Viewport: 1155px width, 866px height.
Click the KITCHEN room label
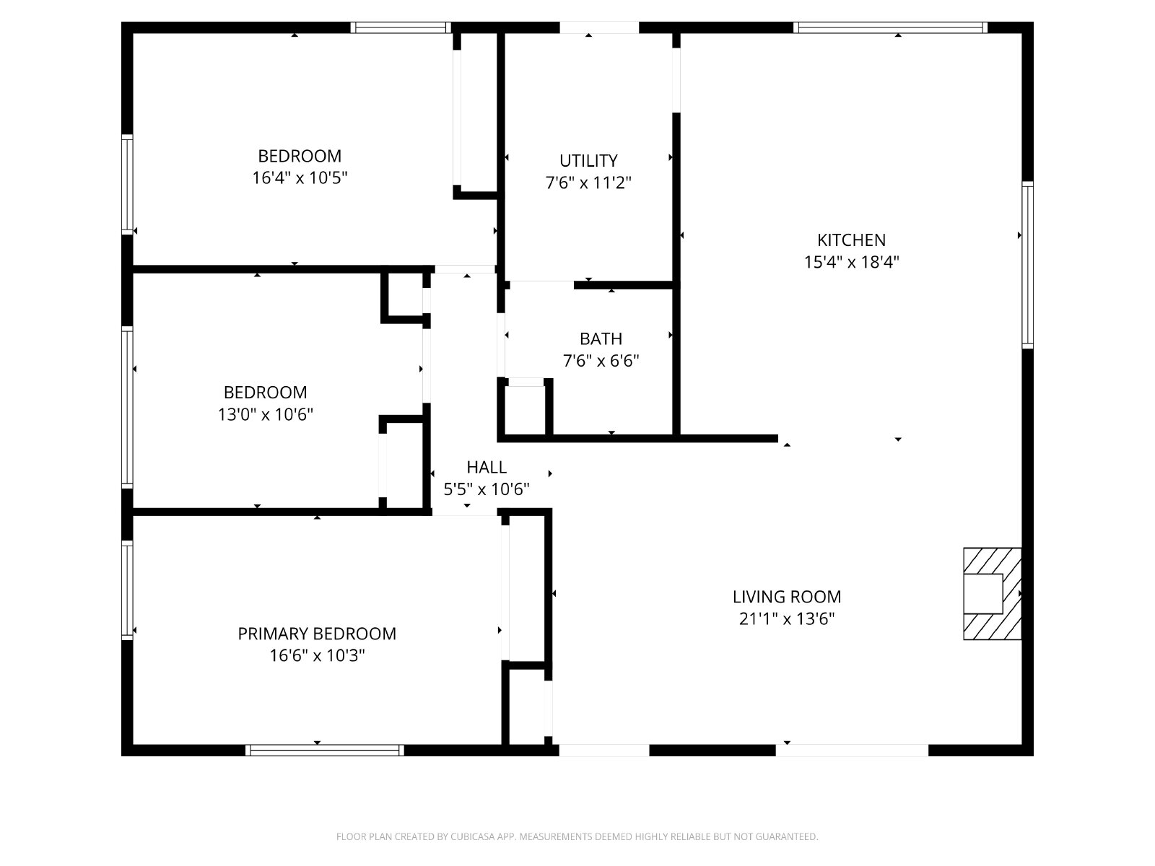[x=851, y=240]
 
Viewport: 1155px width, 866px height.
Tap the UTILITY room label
[x=588, y=160]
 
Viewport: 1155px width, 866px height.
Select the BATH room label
[x=601, y=338]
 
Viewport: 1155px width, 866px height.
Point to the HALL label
[x=487, y=467]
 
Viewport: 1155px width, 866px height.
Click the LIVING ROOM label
[x=787, y=597]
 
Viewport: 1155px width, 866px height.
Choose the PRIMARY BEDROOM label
[x=317, y=634]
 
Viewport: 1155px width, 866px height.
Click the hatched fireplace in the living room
[x=992, y=594]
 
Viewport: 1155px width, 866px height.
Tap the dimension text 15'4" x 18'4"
[x=851, y=262]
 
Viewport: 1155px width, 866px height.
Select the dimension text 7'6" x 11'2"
[x=588, y=183]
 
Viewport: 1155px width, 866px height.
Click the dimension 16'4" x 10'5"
[x=300, y=178]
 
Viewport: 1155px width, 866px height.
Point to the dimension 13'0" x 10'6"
[x=265, y=414]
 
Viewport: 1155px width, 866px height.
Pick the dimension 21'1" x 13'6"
[x=787, y=619]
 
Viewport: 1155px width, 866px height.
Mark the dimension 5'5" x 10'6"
[x=487, y=489]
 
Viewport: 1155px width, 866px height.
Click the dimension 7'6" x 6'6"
[x=601, y=361]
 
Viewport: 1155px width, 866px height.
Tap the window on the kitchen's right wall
[x=1027, y=264]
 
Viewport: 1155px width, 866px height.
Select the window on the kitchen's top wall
[x=890, y=27]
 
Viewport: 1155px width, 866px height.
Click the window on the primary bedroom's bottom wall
[x=325, y=751]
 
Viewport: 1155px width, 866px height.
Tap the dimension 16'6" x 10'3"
[x=317, y=656]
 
